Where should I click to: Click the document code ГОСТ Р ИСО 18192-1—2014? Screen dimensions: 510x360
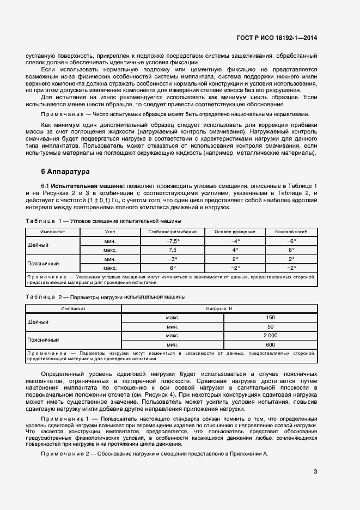(x=277, y=38)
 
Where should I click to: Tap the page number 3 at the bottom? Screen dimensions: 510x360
(x=315, y=472)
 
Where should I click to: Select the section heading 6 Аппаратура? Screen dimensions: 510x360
(x=62, y=172)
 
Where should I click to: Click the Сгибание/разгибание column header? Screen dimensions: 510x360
(x=173, y=232)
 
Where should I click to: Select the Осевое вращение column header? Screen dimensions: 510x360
(x=235, y=232)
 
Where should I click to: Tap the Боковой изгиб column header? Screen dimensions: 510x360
(x=291, y=232)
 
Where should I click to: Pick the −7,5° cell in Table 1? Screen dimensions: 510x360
(x=173, y=240)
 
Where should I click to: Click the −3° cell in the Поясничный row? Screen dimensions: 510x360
(x=173, y=259)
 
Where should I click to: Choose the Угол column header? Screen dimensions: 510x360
(x=109, y=232)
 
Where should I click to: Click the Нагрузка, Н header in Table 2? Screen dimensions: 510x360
(x=218, y=308)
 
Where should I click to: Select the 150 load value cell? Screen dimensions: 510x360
(x=270, y=317)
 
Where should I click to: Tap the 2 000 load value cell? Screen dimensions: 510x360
(x=270, y=336)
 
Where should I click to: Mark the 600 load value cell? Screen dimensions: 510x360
(x=270, y=344)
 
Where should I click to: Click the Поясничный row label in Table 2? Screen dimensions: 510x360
(x=43, y=340)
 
